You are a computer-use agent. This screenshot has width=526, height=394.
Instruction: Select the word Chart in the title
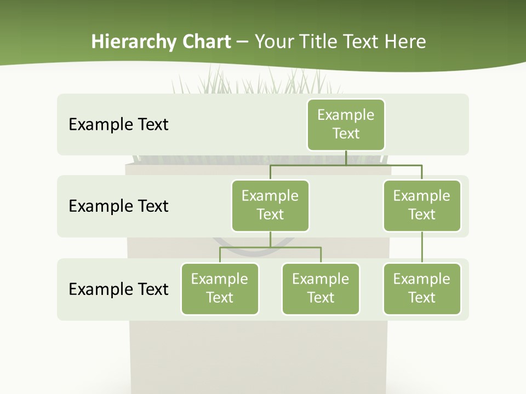tap(205, 42)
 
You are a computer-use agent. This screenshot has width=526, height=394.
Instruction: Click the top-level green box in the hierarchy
tap(346, 124)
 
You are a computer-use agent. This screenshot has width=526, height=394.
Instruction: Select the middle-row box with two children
tap(270, 205)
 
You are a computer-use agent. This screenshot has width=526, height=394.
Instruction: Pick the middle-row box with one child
tap(422, 205)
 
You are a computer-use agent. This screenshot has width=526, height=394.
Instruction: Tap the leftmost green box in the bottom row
tap(220, 288)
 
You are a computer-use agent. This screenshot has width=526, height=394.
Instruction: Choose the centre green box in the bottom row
tap(321, 288)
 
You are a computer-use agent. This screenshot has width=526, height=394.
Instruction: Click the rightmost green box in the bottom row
tap(422, 288)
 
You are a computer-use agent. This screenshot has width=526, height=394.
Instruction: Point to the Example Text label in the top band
tap(118, 124)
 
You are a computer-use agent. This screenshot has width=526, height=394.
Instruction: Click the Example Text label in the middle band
tap(118, 206)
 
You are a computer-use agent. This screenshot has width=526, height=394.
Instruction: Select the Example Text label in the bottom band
tap(118, 289)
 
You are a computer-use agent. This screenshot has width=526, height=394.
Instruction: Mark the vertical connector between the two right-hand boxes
tap(422, 247)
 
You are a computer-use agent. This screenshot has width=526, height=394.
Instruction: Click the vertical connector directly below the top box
tap(346, 158)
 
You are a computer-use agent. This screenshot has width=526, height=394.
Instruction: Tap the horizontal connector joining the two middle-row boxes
tap(346, 165)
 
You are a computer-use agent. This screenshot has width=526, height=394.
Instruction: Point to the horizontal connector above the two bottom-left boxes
tap(270, 247)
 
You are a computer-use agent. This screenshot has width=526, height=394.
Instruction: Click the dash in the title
tap(243, 42)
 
